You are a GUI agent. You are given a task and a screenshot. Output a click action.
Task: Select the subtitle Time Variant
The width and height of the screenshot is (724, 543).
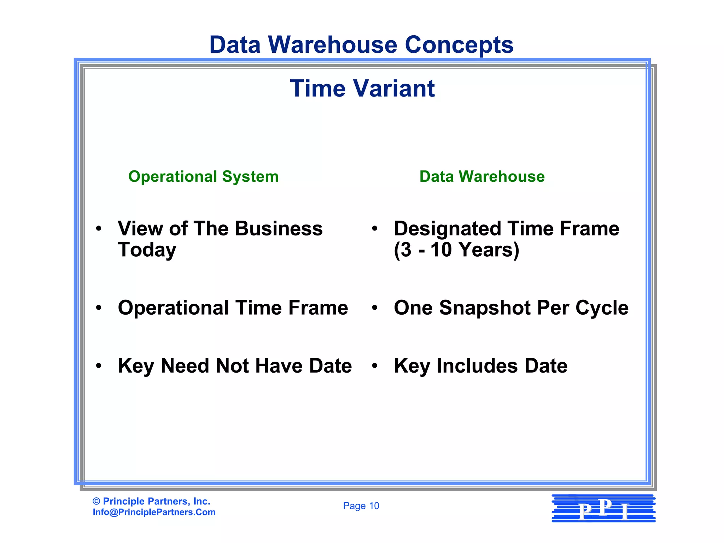pos(362,88)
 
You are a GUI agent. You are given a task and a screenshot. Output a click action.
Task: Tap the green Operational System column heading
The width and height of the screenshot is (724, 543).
pos(203,176)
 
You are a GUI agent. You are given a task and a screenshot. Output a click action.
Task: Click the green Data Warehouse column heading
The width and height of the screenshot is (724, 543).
pos(482,176)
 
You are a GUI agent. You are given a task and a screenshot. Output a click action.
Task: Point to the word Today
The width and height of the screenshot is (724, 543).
pos(147,250)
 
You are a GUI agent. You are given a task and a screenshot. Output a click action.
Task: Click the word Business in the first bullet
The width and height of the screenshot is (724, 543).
pos(279,228)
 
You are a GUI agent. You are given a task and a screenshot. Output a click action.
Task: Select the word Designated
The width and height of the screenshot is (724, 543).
pos(448,228)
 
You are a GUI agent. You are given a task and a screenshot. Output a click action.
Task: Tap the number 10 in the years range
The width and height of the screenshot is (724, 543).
pos(441,250)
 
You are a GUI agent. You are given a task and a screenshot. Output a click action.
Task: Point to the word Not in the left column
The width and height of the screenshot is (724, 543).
pos(232,366)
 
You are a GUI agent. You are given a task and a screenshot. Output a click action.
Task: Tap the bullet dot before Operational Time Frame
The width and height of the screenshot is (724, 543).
pos(99,308)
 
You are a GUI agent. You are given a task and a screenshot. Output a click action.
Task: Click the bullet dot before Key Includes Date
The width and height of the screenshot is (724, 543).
pos(375,366)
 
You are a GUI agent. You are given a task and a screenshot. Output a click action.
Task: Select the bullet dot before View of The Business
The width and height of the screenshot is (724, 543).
pos(99,228)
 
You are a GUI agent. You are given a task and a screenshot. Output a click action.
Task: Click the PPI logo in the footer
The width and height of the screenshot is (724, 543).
pos(603,509)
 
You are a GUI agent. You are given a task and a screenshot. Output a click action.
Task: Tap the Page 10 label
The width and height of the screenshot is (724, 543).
pos(361,506)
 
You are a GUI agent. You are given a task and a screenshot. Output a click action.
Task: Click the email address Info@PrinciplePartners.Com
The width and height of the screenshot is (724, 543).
pos(154,512)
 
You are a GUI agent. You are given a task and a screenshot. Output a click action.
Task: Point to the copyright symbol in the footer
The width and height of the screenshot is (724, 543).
pos(96,501)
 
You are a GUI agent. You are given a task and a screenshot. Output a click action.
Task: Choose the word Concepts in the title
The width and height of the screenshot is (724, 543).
pos(459,45)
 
